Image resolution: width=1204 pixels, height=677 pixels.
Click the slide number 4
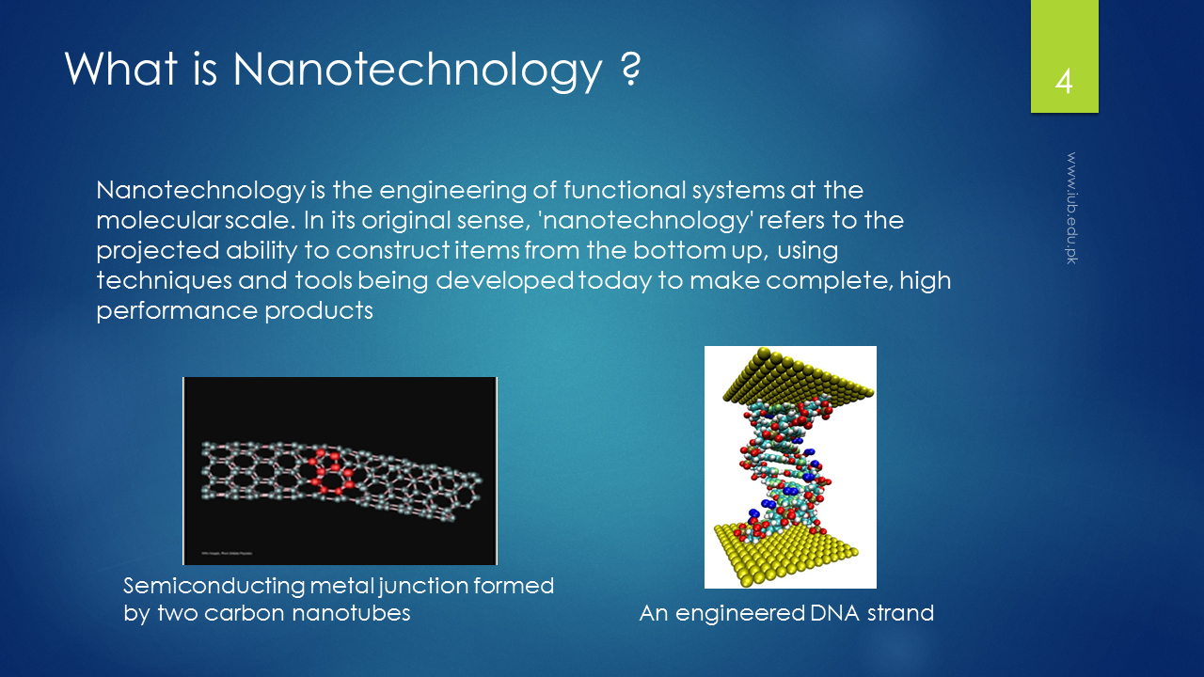pos(1064,82)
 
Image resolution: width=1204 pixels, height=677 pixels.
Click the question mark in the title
pos(630,69)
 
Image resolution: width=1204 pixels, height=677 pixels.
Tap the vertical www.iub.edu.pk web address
pos(1071,208)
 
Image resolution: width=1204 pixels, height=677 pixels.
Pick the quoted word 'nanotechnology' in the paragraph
pos(644,221)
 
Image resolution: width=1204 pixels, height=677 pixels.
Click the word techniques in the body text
pos(164,281)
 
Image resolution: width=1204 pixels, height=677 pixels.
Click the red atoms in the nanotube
pos(331,473)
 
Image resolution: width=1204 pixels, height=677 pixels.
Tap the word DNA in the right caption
pos(834,613)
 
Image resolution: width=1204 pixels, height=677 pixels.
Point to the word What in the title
pos(121,69)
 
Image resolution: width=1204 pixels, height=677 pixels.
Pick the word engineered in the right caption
pos(739,614)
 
